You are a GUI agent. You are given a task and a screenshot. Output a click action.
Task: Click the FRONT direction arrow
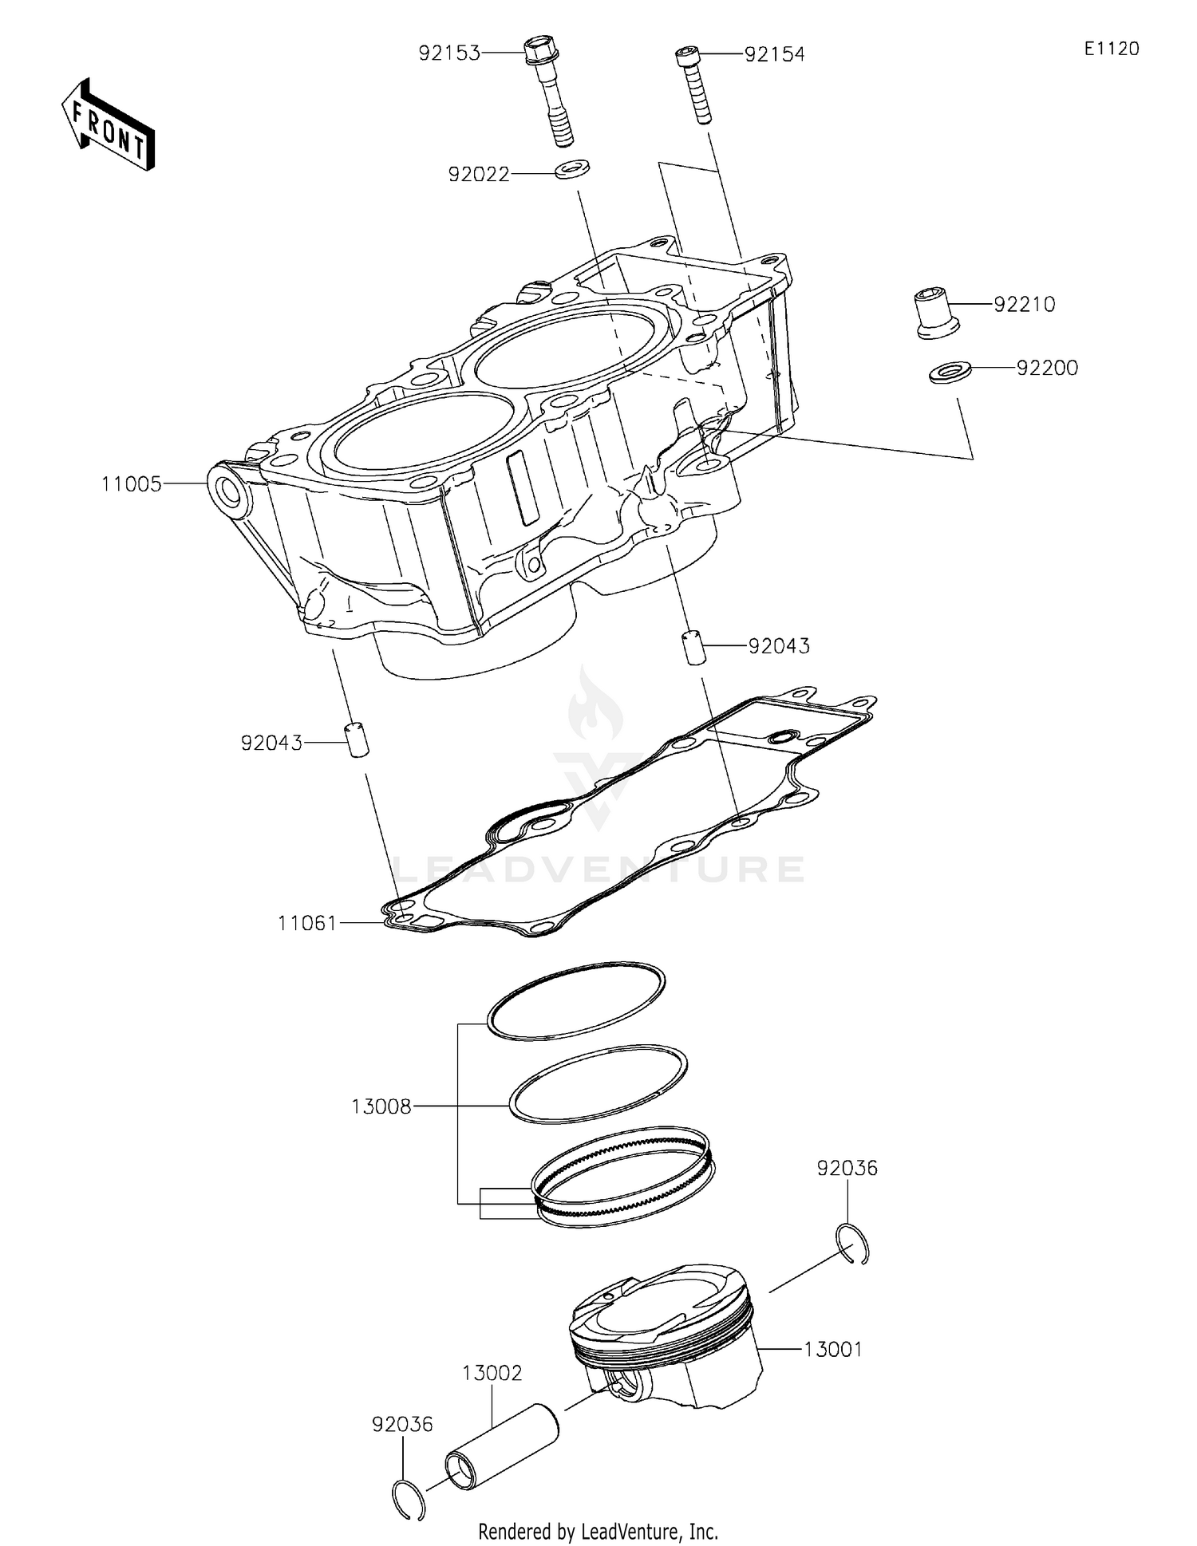tap(108, 124)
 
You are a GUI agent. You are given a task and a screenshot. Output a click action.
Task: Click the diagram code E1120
tap(1111, 49)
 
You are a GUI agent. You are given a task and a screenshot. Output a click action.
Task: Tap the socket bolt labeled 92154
tap(693, 83)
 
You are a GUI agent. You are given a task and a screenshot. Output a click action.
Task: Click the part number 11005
tap(131, 484)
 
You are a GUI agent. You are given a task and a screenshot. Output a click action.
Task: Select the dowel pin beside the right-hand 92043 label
tap(693, 646)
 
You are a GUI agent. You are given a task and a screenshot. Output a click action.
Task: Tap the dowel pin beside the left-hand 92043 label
tap(357, 739)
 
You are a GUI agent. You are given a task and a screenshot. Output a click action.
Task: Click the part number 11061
tap(308, 923)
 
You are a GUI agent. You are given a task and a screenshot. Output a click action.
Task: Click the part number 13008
tap(381, 1106)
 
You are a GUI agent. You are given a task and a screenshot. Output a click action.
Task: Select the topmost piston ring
tap(575, 1000)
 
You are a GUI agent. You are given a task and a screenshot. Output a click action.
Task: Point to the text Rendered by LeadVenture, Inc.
tap(598, 1531)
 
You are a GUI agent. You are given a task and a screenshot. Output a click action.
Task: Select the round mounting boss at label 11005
tap(232, 489)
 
